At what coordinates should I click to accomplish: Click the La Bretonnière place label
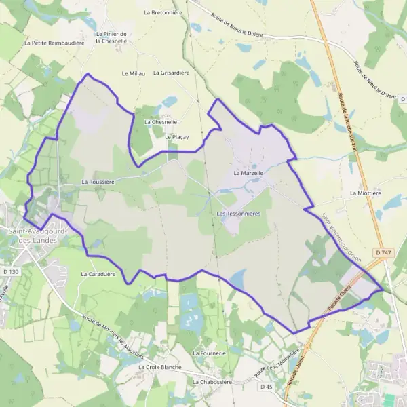point(160,12)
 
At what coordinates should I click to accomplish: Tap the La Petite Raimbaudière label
point(54,42)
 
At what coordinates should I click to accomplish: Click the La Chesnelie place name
point(161,122)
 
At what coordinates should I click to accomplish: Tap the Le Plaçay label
point(176,137)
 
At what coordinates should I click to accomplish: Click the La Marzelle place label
point(248,174)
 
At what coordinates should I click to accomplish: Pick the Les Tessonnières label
point(239,214)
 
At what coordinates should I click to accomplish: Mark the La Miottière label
point(364,193)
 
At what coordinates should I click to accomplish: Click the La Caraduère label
point(98,275)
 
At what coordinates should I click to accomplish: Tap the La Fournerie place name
point(209,353)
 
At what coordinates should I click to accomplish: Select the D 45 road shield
point(267,387)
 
